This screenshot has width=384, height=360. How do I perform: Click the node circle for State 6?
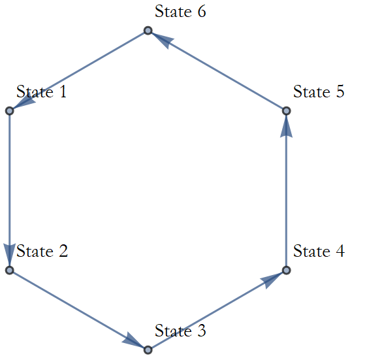coord(148,31)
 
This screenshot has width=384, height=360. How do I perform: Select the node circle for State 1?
coord(10,111)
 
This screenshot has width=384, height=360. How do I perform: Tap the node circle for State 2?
coord(10,270)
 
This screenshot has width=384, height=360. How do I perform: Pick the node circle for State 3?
coord(148,350)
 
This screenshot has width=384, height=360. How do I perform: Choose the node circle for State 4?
coord(286,270)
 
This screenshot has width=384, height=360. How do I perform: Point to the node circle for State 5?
coord(286,111)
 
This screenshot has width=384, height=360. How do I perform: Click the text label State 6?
coord(180,11)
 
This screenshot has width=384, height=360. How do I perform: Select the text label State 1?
coord(41,91)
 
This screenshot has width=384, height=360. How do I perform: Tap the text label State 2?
coord(42,251)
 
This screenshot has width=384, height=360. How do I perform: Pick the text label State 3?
coord(180,331)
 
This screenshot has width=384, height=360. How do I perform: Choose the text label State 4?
coord(319,251)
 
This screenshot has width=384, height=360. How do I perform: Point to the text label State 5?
coord(319,91)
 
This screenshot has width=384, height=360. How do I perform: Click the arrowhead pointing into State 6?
coord(163,40)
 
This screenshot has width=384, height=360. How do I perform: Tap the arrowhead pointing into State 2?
coord(10,254)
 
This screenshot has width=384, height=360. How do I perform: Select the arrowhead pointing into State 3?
coord(133,340)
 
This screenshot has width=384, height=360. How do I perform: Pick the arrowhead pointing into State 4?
coord(272,280)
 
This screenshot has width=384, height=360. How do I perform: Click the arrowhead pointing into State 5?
coord(286,126)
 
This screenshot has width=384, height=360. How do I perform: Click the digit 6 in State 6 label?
coord(202,11)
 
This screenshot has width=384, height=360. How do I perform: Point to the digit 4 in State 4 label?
coord(340,251)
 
